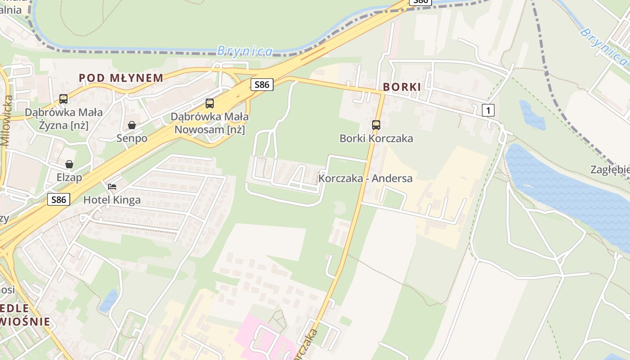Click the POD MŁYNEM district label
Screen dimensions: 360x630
(121, 78)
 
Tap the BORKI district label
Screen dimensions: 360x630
(402, 87)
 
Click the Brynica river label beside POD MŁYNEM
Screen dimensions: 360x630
(245, 51)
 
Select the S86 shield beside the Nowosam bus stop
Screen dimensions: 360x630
(262, 84)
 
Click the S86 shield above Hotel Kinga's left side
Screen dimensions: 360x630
(58, 199)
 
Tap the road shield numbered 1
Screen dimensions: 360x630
(488, 110)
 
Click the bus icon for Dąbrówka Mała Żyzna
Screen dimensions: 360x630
(63, 99)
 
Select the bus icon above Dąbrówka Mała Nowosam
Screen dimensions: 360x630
(210, 103)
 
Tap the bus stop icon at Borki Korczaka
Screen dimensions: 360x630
(376, 125)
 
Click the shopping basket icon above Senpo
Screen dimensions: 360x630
(132, 125)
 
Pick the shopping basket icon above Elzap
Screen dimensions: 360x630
(69, 164)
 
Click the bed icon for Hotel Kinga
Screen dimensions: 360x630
(112, 186)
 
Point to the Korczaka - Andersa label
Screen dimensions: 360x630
(365, 178)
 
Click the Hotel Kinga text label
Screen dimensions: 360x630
(112, 200)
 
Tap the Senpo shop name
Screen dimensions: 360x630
(132, 138)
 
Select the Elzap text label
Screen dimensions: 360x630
(69, 177)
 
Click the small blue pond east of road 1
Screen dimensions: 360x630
(532, 114)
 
